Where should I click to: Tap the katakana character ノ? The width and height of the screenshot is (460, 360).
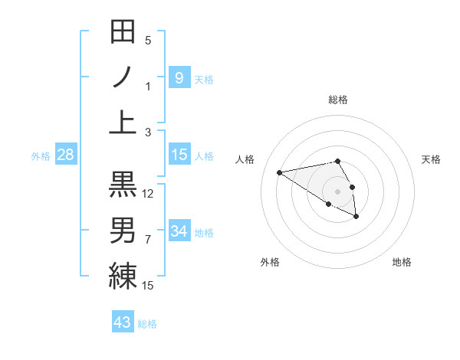coord(123,77)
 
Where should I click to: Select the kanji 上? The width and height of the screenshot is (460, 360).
coord(123,122)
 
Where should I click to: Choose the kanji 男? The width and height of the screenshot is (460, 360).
coord(123,230)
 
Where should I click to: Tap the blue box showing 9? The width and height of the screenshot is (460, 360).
coord(179,77)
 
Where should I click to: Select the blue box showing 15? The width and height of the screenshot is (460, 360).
coord(179,155)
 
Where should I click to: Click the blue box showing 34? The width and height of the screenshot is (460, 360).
coord(179,231)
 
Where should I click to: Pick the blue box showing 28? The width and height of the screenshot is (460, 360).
coord(66,155)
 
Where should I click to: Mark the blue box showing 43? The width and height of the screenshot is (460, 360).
coord(122,322)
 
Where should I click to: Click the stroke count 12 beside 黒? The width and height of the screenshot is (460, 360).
coord(148,194)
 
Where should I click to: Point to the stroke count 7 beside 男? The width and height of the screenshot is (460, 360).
coord(148,240)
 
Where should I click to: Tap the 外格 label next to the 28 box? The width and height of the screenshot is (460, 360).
coord(41,156)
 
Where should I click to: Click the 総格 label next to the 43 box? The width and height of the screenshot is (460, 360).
coord(147,324)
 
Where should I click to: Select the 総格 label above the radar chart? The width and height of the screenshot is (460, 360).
coord(337,100)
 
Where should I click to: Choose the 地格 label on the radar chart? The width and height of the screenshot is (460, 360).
coord(402,262)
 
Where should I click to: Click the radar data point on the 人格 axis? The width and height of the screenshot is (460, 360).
coord(279,172)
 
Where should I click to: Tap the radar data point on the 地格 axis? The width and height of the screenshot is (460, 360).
coord(356,218)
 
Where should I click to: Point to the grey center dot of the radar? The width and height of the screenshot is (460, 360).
coord(337,191)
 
